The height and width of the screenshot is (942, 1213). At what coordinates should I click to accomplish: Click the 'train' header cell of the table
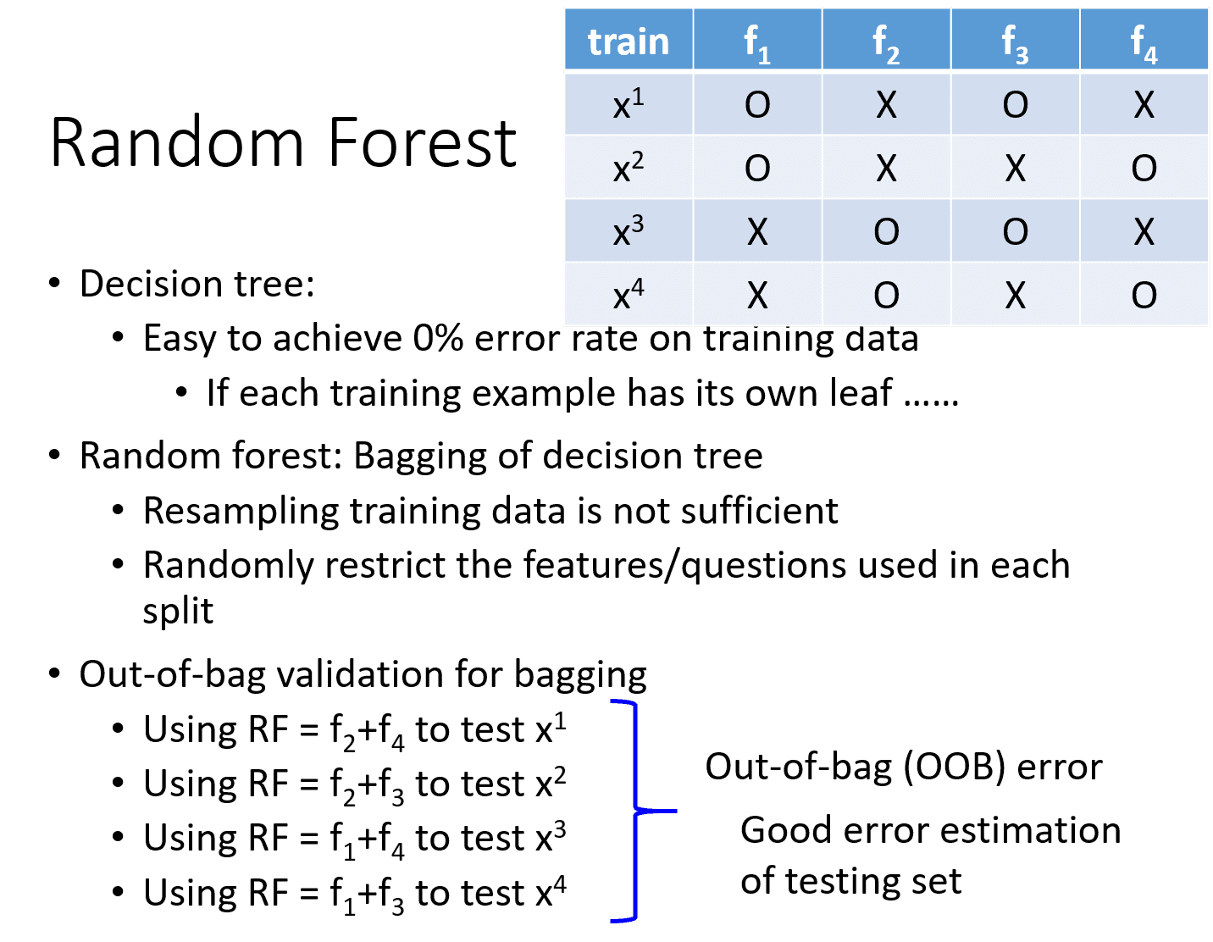pos(629,39)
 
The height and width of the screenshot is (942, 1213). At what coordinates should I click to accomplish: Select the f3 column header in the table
pos(1014,39)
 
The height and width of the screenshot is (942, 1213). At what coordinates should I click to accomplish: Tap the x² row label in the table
pos(629,166)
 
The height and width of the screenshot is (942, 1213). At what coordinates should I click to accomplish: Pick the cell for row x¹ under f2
pos(886,104)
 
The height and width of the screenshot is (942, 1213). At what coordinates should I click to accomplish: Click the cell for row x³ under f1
pos(757,231)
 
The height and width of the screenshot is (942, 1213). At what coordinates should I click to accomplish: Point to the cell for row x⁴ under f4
pos(1144,295)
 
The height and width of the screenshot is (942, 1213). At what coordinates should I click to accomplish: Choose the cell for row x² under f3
pos(1014,166)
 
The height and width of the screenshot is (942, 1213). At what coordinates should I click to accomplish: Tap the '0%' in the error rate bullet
pos(438,338)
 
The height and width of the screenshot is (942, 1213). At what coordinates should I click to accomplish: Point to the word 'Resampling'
pos(241,511)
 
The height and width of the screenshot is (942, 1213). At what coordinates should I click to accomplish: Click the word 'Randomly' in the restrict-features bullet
pos(229,566)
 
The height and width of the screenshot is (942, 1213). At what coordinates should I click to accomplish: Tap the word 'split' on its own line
pos(178,611)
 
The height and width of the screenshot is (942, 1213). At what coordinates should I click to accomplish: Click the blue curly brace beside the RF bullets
pos(636,811)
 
